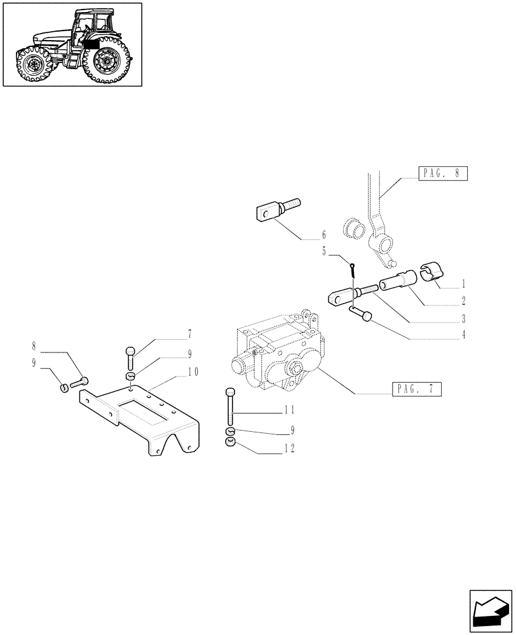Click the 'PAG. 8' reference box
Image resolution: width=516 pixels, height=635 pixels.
tap(443, 173)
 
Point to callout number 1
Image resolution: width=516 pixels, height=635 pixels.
tap(465, 281)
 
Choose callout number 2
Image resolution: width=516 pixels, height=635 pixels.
tap(464, 300)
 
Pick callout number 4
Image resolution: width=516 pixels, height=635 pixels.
tap(464, 335)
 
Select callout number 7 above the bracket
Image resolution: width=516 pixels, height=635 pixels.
tap(172, 333)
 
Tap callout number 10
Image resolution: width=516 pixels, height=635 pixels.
tap(193, 372)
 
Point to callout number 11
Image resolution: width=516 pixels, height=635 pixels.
tap(289, 413)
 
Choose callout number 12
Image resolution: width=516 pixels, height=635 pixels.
tap(289, 448)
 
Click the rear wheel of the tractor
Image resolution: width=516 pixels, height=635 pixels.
tap(106, 62)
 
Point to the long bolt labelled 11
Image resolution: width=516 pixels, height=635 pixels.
tap(229, 410)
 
